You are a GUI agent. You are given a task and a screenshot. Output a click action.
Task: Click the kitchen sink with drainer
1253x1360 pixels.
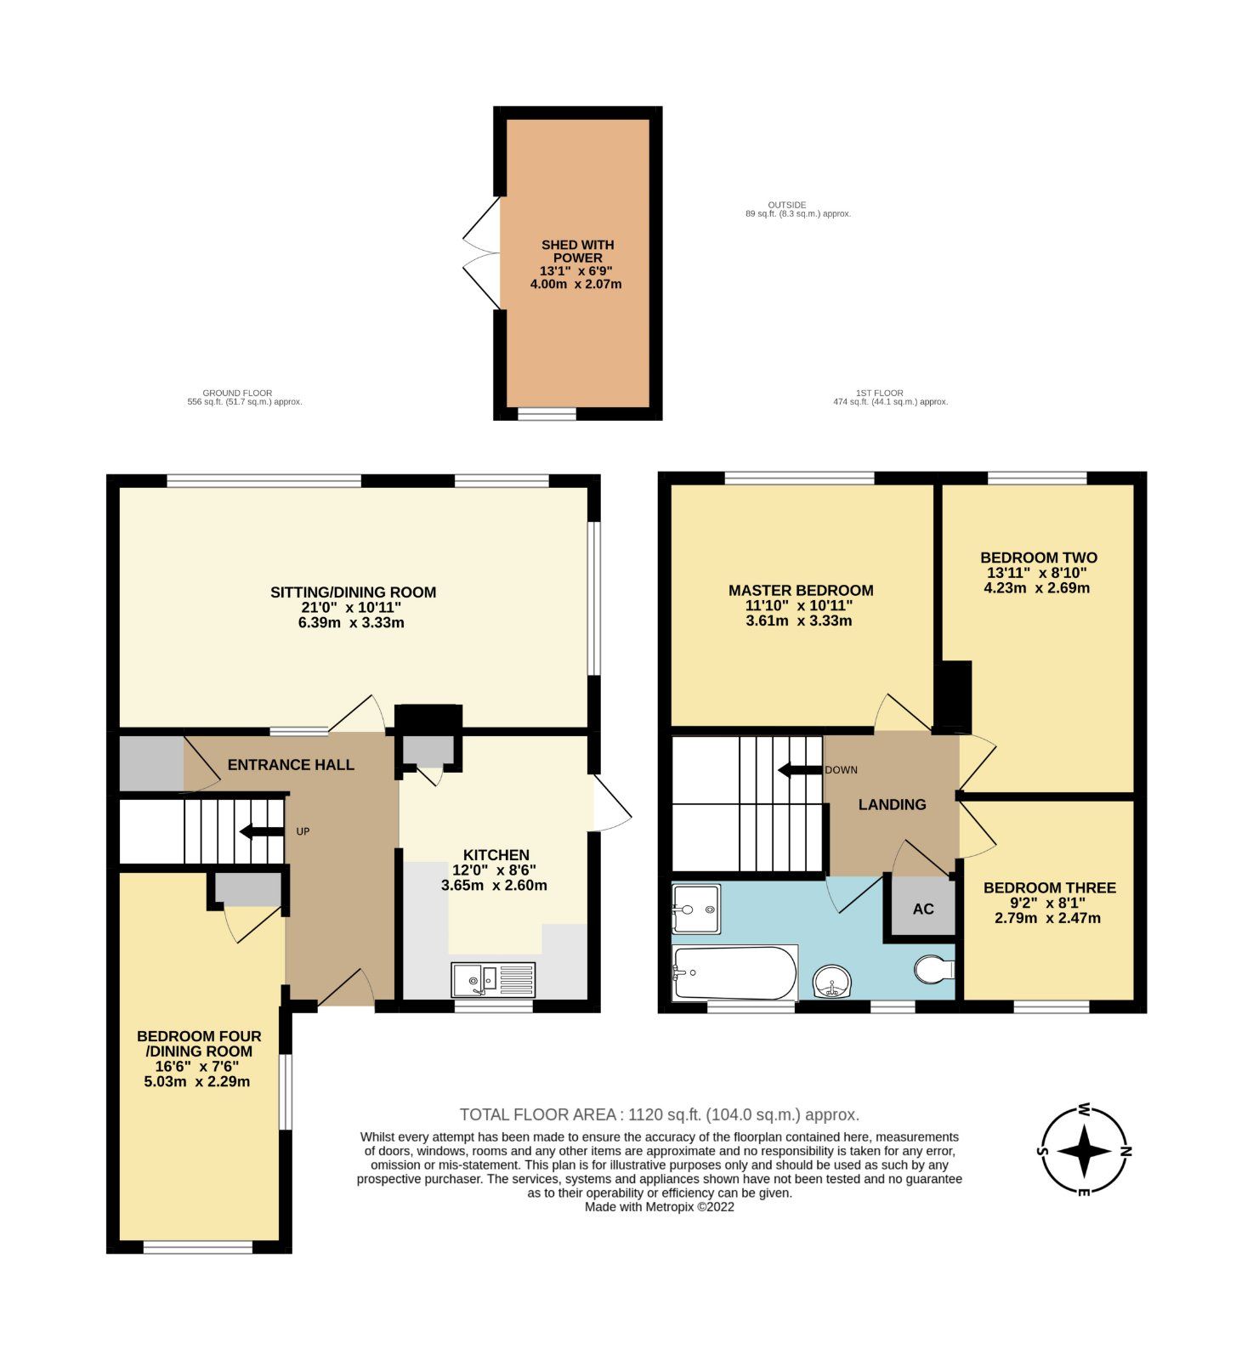click(x=493, y=979)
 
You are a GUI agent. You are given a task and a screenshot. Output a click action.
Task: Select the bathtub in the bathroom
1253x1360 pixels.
click(x=734, y=973)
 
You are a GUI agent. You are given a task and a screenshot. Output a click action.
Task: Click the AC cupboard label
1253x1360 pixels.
click(x=923, y=909)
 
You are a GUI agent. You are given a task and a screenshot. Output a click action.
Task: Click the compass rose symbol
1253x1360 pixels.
click(x=1085, y=1151)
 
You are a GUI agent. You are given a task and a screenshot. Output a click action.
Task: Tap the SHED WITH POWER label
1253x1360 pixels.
click(x=577, y=251)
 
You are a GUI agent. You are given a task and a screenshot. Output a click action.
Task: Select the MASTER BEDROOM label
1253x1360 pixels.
click(x=800, y=590)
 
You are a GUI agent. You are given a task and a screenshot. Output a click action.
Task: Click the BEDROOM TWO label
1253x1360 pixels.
click(x=1038, y=558)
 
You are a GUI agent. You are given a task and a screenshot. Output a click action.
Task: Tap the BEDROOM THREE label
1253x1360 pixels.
click(x=1049, y=887)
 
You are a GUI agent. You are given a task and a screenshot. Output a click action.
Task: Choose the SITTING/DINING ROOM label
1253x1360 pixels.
click(x=353, y=592)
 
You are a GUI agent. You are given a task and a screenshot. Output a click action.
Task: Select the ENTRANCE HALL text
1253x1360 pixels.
click(x=291, y=765)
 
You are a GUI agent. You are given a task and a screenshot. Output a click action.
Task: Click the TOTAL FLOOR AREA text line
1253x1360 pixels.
click(x=659, y=1114)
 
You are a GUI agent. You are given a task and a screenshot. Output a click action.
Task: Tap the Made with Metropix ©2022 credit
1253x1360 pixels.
click(x=659, y=1206)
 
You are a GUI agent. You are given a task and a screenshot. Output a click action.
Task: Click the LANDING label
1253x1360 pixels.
click(x=892, y=804)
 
